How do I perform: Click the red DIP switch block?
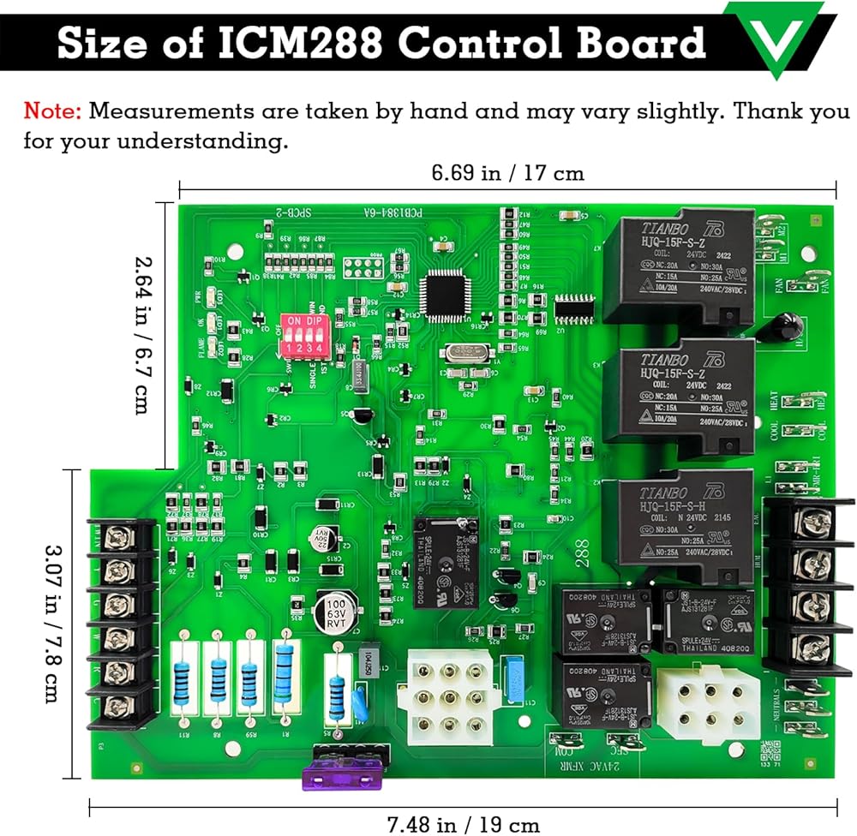coord(304,337)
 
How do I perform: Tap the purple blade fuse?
coord(339,776)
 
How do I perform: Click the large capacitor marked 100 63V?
coord(335,610)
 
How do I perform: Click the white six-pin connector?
coord(707,703)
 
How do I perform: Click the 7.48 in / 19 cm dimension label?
coord(464,823)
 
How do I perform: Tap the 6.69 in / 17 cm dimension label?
coord(507,173)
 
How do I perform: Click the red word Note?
coord(53,110)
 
